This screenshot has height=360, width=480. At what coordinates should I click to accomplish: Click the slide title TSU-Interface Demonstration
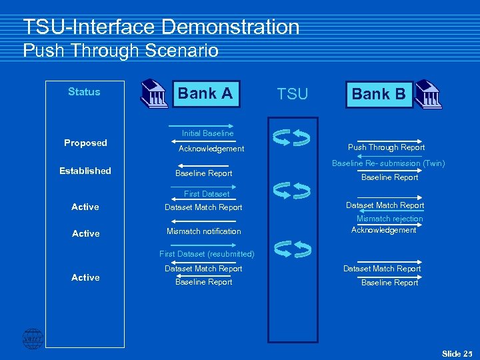click(x=161, y=27)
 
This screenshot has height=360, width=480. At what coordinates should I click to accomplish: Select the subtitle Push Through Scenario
click(x=121, y=51)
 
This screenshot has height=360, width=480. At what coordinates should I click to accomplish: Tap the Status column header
click(x=84, y=92)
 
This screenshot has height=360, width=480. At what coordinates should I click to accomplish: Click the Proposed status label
click(x=85, y=143)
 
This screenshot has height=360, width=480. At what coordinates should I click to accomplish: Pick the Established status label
click(x=85, y=171)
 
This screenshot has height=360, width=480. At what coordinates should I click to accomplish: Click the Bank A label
click(x=205, y=93)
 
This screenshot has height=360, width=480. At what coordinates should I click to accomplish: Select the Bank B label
click(x=379, y=94)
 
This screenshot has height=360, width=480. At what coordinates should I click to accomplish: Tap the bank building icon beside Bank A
click(x=154, y=95)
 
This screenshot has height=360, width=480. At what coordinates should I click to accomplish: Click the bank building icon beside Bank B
click(x=427, y=95)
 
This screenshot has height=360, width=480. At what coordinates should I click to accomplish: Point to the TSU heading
click(x=293, y=95)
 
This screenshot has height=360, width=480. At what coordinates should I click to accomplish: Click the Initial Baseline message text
click(x=208, y=133)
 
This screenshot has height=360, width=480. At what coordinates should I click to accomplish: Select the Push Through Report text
click(x=386, y=147)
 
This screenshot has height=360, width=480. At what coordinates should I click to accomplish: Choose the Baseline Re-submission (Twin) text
click(x=389, y=163)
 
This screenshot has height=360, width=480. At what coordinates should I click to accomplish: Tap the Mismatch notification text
click(x=203, y=231)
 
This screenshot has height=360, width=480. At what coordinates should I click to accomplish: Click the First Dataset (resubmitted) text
click(x=207, y=254)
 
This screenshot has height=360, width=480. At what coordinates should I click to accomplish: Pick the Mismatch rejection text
click(x=389, y=219)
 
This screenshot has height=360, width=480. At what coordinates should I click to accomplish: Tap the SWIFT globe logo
click(x=32, y=339)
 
